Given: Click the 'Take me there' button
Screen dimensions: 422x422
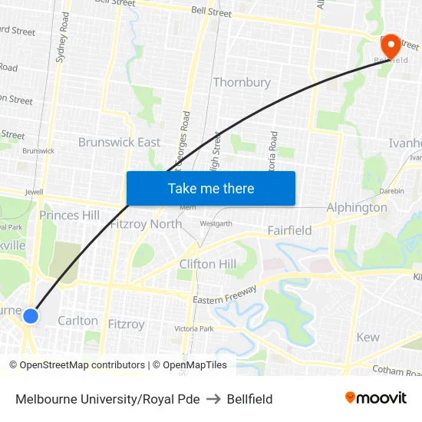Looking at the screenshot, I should [211, 188].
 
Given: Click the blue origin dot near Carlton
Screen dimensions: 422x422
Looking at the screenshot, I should [31, 315].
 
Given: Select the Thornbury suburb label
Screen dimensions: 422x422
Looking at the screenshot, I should [242, 82].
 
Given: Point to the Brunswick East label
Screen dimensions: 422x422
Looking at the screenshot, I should [119, 142].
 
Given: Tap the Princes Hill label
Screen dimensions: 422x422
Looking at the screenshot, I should [70, 215].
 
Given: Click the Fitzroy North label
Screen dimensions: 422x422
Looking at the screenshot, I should [147, 224].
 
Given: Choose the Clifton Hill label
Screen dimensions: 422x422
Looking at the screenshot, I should [208, 265].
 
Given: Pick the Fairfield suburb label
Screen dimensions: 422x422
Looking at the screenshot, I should [289, 230].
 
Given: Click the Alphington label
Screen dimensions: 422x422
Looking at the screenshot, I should [357, 207].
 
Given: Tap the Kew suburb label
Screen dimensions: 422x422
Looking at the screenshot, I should [368, 337].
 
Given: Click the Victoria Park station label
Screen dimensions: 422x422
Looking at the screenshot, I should [193, 328].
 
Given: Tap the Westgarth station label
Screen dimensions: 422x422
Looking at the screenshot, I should [216, 223].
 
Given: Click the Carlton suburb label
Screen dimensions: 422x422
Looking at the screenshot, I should [77, 321].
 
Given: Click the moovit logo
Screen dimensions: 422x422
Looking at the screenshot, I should [375, 398].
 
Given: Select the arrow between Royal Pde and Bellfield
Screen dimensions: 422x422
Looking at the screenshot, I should [213, 399].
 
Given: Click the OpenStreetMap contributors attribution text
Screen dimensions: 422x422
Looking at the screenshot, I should [77, 365].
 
